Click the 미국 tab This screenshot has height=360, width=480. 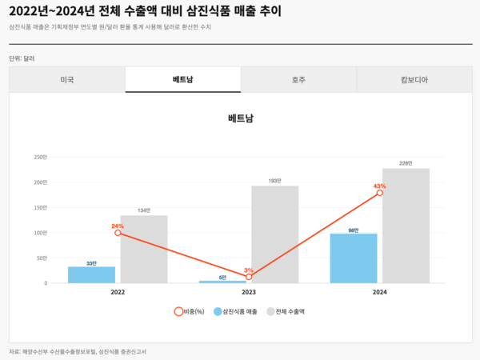pyautogui.click(x=67, y=80)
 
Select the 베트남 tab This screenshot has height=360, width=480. pyautogui.click(x=183, y=80)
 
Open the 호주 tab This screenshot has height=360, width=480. pyautogui.click(x=298, y=80)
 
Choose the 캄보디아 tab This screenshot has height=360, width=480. pyautogui.click(x=414, y=80)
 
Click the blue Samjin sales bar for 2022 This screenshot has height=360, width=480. pyautogui.click(x=91, y=274)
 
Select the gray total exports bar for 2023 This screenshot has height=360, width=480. pyautogui.click(x=274, y=234)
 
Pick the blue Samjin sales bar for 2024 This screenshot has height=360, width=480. pyautogui.click(x=353, y=258)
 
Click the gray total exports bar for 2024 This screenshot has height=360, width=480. pyautogui.click(x=406, y=226)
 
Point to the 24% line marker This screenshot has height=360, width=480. pyautogui.click(x=118, y=233)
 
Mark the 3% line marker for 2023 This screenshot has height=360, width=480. pyautogui.click(x=249, y=277)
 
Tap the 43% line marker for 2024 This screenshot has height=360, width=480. pyautogui.click(x=380, y=193)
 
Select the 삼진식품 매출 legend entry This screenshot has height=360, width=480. pyautogui.click(x=235, y=311)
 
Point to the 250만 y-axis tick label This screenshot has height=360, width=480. pyautogui.click(x=41, y=157)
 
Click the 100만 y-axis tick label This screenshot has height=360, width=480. pyautogui.click(x=41, y=233)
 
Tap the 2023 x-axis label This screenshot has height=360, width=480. pyautogui.click(x=249, y=293)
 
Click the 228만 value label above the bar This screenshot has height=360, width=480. pyautogui.click(x=406, y=163)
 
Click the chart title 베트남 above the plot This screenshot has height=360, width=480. pyautogui.click(x=240, y=118)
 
